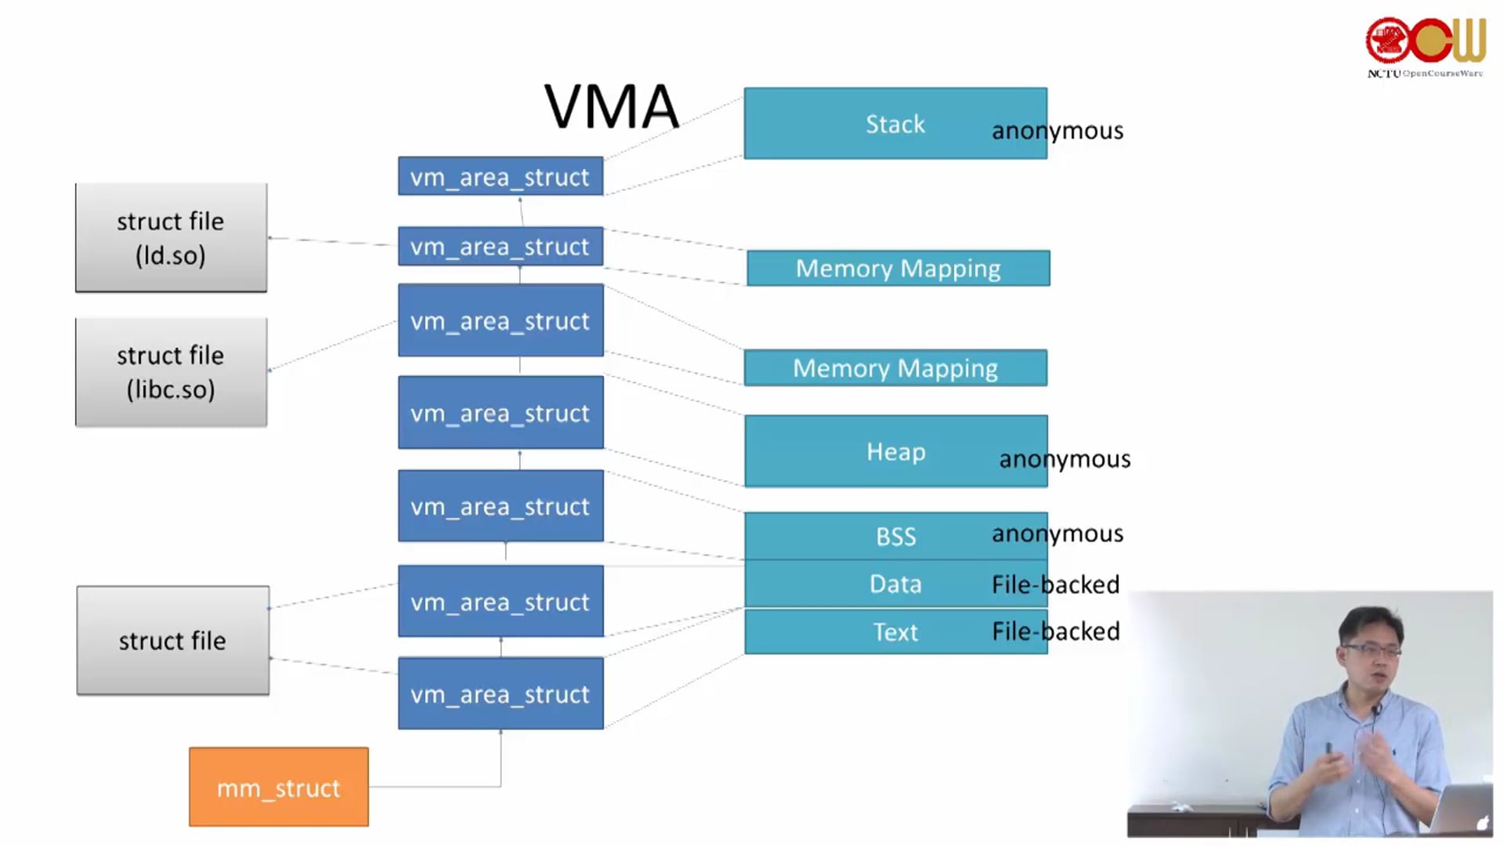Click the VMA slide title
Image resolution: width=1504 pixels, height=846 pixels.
[x=611, y=107]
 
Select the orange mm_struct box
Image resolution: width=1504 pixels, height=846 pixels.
[x=278, y=786]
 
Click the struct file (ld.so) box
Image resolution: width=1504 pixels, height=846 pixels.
[x=171, y=237]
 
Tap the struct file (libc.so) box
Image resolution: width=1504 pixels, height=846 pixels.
[x=171, y=372]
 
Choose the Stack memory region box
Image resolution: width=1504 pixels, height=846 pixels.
[x=895, y=124]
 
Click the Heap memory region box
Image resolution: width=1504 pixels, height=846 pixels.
[x=895, y=451]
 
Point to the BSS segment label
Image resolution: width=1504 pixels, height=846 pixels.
[x=895, y=537]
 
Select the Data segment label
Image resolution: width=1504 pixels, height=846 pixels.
[x=895, y=584]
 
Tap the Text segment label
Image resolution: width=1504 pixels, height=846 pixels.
[x=895, y=632]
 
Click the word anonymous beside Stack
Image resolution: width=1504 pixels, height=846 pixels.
[x=1057, y=131]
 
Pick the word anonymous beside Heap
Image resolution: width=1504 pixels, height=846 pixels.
[x=1064, y=459]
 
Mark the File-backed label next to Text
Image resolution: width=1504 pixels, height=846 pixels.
[x=1055, y=631]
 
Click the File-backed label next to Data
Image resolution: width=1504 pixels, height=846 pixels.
[x=1055, y=584]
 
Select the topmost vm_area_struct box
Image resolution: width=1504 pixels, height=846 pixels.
[x=500, y=177]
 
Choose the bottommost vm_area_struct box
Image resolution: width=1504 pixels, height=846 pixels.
[x=500, y=694]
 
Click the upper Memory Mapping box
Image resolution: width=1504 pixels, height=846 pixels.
[x=898, y=269]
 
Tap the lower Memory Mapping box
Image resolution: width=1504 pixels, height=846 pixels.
[x=895, y=368]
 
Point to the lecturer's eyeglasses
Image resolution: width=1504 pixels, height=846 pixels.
[x=1371, y=650]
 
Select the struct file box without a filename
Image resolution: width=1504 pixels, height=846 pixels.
[x=172, y=641]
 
